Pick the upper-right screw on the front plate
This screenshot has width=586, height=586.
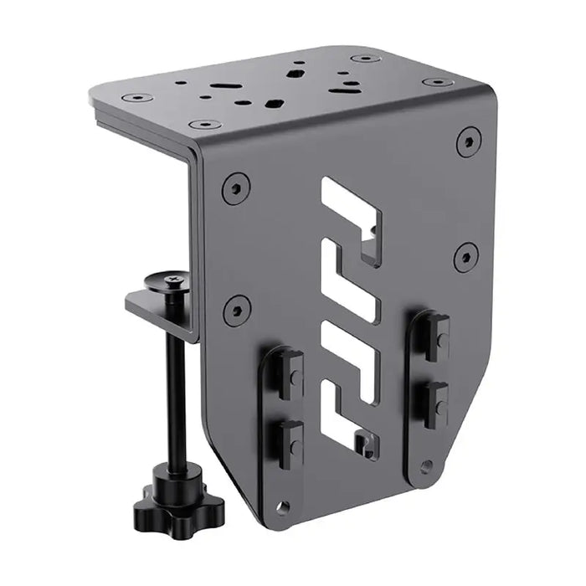tap(469, 141)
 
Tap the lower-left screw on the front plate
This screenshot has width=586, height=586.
tap(237, 310)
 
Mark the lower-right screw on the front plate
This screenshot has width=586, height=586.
tap(466, 255)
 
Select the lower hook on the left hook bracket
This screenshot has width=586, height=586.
tap(289, 437)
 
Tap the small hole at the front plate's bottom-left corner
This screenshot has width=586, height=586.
tap(285, 506)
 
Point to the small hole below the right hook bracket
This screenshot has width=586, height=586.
tap(428, 465)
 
